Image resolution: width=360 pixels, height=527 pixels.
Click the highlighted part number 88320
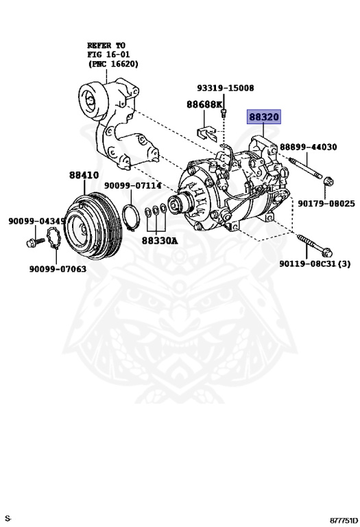(263, 117)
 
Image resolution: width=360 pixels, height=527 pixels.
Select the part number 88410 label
(83, 175)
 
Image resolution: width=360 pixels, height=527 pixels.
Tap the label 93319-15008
(225, 89)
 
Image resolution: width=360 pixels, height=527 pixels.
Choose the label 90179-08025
(326, 204)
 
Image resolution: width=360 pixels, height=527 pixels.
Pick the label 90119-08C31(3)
(315, 263)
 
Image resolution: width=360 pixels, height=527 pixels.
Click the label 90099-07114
(133, 185)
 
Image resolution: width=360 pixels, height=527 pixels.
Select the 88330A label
(160, 241)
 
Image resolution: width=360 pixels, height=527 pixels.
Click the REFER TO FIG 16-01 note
(112, 54)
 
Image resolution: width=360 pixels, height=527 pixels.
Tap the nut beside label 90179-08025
(327, 183)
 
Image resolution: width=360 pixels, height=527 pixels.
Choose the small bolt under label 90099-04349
(32, 242)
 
